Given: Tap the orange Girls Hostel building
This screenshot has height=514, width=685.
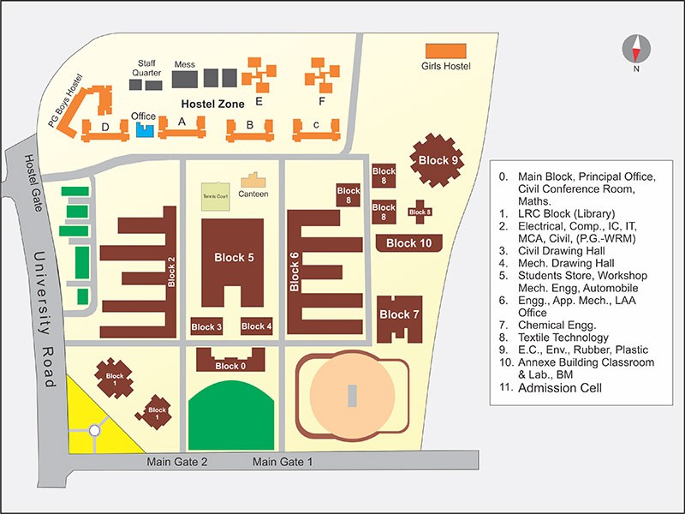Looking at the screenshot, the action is coord(445,51).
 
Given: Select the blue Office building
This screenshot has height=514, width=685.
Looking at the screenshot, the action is coord(145,130).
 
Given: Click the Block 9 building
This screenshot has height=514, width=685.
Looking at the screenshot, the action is coord(437,160).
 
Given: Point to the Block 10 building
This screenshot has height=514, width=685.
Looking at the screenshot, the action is coord(409,243).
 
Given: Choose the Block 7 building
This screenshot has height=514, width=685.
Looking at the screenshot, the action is coord(399,319).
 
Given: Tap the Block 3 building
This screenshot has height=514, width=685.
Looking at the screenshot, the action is coord(206,326).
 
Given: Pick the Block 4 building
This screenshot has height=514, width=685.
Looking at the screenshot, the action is coord(256,326).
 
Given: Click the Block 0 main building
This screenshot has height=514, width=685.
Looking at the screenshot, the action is coord(230,361).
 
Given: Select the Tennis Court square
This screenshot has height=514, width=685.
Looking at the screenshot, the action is coord(216,196).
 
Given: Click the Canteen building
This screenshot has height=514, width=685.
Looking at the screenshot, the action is coord(253,180).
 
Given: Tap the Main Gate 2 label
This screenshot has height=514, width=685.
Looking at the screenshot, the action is coord(177,462).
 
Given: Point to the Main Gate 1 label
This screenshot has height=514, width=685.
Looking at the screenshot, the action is coord(283,462).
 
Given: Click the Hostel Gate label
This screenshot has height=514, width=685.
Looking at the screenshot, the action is coord(33,182).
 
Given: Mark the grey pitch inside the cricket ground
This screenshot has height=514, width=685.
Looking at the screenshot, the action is coord(352,396).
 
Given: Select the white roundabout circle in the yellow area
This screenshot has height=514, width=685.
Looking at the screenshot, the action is coord(94,431).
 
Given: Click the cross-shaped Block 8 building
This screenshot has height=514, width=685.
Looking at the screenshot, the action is coord(420,212).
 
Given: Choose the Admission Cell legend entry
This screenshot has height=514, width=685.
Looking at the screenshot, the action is coord(551,388).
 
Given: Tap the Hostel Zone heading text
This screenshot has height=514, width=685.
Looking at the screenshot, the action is coord(212,104).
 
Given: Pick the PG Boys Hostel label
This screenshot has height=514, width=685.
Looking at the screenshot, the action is coord(65,101).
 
